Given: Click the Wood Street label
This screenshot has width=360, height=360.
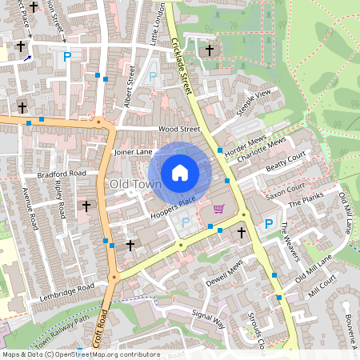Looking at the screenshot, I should pos(178,128).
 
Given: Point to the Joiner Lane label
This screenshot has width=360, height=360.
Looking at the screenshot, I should pos(133,150).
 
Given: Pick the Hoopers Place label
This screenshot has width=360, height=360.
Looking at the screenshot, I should pos(173,206).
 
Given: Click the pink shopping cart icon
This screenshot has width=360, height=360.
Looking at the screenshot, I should pos(219,210).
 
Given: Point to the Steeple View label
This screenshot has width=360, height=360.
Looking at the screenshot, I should pos(253,105).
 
